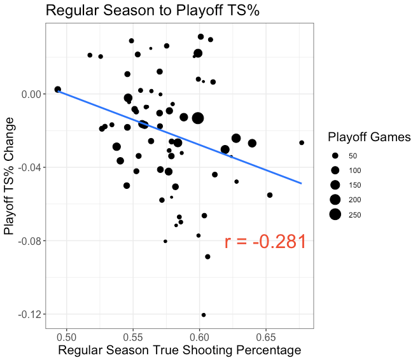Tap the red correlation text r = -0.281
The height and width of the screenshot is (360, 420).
[266, 242]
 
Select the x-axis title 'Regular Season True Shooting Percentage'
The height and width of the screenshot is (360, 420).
[179, 350]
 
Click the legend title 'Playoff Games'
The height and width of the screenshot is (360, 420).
[369, 137]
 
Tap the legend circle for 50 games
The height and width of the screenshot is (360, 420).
[335, 156]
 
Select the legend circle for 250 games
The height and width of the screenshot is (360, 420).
[335, 214]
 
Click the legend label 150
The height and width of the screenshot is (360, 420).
[353, 185]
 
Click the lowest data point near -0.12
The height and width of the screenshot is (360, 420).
[204, 315]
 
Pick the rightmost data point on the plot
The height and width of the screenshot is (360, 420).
[302, 142]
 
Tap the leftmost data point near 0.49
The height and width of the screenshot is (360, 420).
[58, 90]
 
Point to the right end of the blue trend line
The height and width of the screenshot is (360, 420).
[301, 183]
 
